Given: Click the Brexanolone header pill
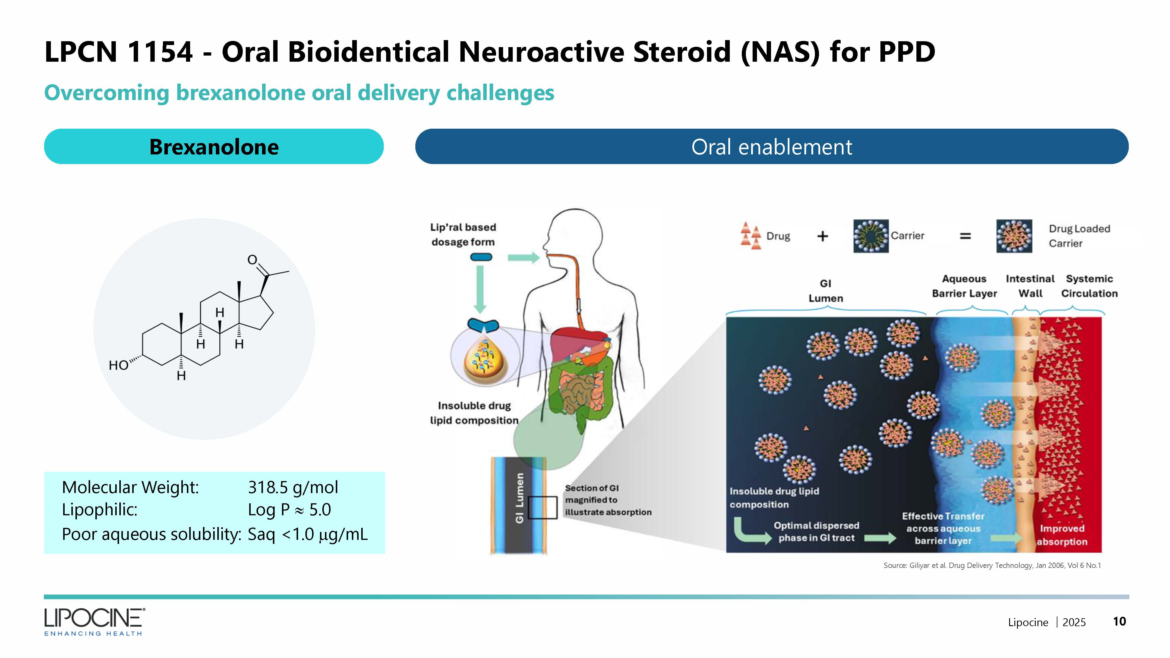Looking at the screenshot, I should click(x=214, y=147).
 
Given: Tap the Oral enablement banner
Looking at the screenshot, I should click(x=771, y=147).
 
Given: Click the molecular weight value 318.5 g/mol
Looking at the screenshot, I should click(x=293, y=487).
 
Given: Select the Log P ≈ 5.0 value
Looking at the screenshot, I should click(x=289, y=510).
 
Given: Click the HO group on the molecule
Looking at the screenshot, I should click(x=118, y=365).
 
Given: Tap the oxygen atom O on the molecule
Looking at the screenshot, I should click(x=252, y=260).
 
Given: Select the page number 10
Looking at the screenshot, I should click(x=1119, y=621).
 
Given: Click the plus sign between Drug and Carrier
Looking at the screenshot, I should click(x=823, y=236).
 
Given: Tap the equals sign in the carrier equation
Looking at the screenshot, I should click(x=965, y=236).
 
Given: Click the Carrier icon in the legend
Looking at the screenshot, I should click(x=871, y=236).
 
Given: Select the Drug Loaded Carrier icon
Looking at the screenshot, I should click(x=1014, y=236).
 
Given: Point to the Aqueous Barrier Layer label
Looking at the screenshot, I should click(x=964, y=286).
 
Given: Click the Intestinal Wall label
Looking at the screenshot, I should click(x=1030, y=286).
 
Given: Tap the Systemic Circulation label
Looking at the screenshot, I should click(x=1089, y=286).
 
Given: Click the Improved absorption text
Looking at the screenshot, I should click(x=1062, y=535).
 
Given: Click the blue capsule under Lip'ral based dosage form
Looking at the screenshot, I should click(x=481, y=257).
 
